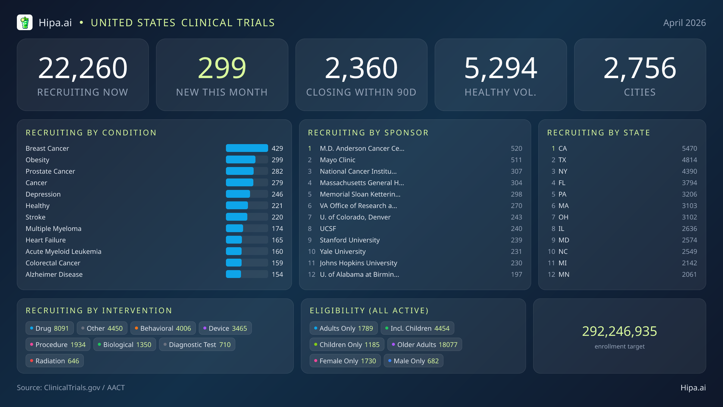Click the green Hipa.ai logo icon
(25, 23)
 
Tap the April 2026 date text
(684, 23)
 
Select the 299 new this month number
(222, 68)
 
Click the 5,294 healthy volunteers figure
(500, 68)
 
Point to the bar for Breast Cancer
(247, 148)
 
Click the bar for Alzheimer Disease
(234, 274)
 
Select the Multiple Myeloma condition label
(53, 229)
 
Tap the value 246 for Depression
(277, 194)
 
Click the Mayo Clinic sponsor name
(337, 160)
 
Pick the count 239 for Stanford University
(516, 240)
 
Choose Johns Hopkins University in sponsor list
(358, 263)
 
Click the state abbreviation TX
(562, 160)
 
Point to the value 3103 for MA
(689, 206)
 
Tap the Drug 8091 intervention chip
(50, 328)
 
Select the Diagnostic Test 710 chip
(197, 345)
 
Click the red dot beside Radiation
(32, 361)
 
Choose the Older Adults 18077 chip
(424, 345)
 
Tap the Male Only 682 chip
(413, 361)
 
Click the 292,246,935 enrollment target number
(619, 331)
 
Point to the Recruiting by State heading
(599, 133)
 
